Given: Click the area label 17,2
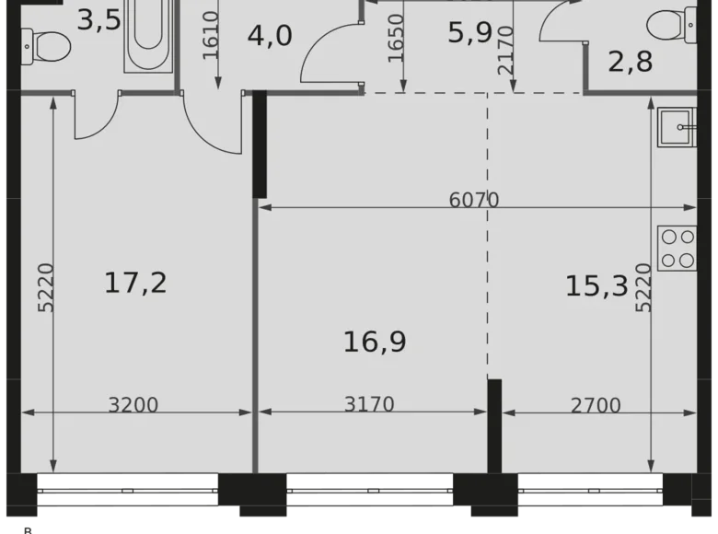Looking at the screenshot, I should tap(135, 283).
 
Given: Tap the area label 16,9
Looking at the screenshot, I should tap(375, 342).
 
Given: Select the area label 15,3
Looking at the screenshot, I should tap(596, 285).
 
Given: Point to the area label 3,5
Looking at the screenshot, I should tap(98, 19).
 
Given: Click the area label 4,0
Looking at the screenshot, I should tap(270, 36).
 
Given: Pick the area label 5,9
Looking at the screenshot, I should tap(469, 34).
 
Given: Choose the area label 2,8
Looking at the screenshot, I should tap(631, 63).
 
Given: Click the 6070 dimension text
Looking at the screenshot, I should tap(474, 199).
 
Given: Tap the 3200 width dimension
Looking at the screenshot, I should tap(133, 404).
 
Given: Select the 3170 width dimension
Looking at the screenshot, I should tap(369, 404).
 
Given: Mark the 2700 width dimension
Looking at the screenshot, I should tap(596, 404).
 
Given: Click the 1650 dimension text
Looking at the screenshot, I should tap(396, 39).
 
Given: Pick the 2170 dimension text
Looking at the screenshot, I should tap(505, 52).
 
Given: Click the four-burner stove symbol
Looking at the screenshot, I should tap(677, 248).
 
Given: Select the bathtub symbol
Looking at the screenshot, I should tap(147, 35).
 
